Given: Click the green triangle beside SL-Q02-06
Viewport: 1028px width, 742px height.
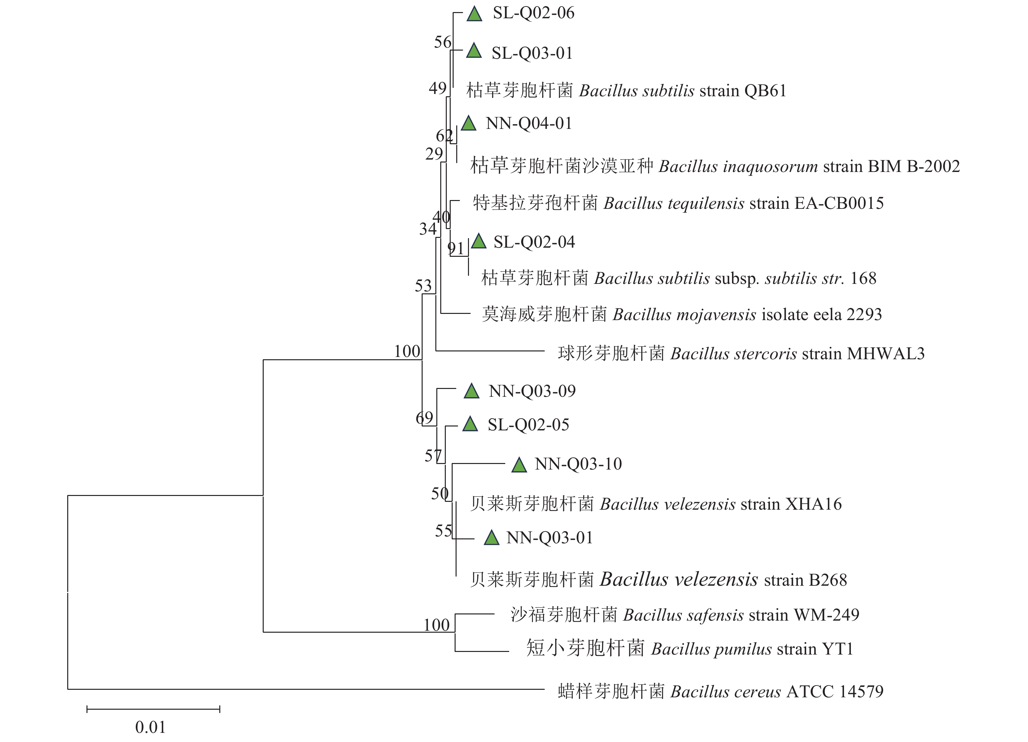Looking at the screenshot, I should coord(474,14).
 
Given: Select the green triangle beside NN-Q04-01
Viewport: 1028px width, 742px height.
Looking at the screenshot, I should coord(469,124).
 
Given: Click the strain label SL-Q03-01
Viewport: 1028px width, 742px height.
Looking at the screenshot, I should coord(532,54).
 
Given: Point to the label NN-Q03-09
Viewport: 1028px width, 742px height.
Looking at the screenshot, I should coord(532,391).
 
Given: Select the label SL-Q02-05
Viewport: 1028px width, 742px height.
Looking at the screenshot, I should coord(528,425).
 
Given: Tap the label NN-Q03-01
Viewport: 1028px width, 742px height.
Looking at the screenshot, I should coord(549,538).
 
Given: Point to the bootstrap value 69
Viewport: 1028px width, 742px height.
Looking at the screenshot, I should coord(424,417).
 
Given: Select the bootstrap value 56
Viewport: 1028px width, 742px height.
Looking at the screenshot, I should coord(443,42).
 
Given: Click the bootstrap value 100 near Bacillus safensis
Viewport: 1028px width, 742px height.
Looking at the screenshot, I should coord(437,625).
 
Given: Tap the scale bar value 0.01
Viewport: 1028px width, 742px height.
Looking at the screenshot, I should coord(150,728).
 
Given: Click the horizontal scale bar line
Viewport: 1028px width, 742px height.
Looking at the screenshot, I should coord(153,709).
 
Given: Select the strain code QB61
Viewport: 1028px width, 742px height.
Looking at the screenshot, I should coord(765,91).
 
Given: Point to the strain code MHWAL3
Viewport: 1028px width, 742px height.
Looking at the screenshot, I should coord(885,354).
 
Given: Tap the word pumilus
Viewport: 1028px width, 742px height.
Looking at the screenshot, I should coord(744,649).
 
